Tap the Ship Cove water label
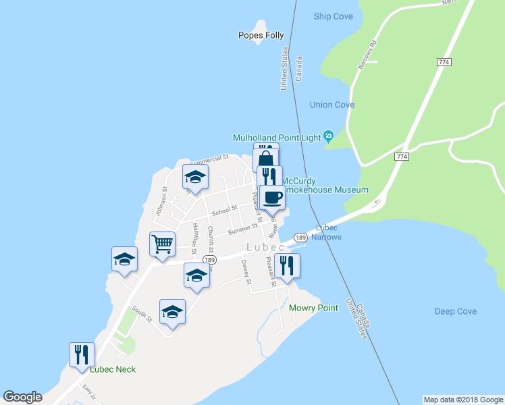coord(334,16)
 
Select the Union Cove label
coord(332,105)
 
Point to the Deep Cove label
coord(456,311)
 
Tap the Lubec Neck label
coord(113,369)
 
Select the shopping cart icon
coord(162,244)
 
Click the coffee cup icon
coord(273,197)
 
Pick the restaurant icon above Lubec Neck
coord(82,354)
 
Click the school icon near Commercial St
coord(196,178)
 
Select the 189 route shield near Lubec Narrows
coord(301,238)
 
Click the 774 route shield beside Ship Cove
coord(444,62)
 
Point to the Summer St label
coord(243,232)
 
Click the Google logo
coord(23,397)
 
